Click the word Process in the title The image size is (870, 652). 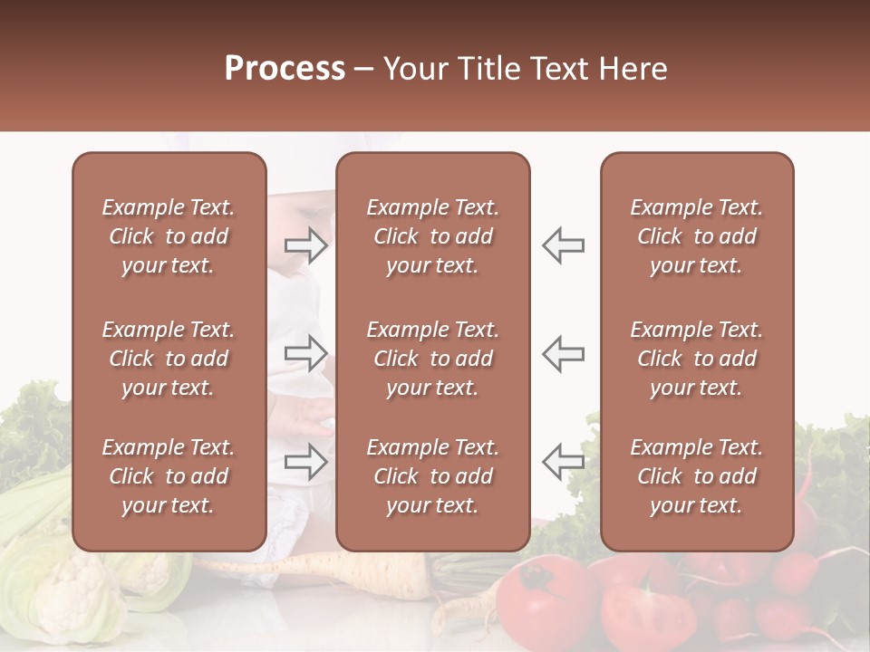click(x=285, y=69)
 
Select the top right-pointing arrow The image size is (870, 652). click(x=306, y=244)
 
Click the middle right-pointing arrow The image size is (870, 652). click(x=306, y=353)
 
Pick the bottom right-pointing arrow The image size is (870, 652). click(x=306, y=461)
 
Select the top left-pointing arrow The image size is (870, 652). click(x=563, y=244)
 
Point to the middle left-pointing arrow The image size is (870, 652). click(x=563, y=353)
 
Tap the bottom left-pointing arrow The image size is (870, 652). click(x=563, y=461)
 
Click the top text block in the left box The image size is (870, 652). click(x=169, y=236)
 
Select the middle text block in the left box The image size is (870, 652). click(x=169, y=359)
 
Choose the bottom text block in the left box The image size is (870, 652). click(x=169, y=476)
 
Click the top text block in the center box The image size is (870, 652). click(x=432, y=236)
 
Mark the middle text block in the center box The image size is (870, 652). click(x=432, y=359)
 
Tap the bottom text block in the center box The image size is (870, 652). click(x=432, y=476)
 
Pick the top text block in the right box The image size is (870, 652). click(x=696, y=236)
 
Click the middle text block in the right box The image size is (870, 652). click(x=696, y=359)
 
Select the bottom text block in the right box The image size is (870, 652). click(x=696, y=476)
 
